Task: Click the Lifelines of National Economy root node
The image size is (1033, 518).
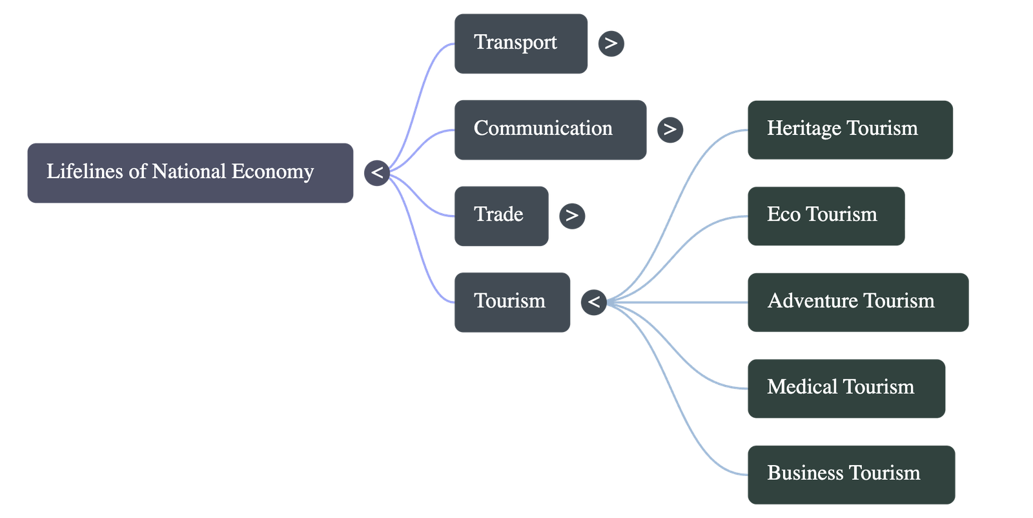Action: pyautogui.click(x=190, y=172)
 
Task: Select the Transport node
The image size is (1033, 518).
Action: pyautogui.click(x=520, y=43)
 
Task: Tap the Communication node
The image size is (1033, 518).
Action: pyautogui.click(x=549, y=129)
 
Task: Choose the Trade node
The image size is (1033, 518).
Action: pyautogui.click(x=501, y=215)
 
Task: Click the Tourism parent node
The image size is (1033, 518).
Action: pyautogui.click(x=512, y=302)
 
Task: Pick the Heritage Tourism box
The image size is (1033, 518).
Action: pyautogui.click(x=849, y=129)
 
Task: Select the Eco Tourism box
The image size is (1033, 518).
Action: pyautogui.click(x=825, y=215)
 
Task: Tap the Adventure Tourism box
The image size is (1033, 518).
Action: pyautogui.click(x=857, y=302)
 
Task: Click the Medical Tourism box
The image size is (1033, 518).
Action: pyautogui.click(x=846, y=388)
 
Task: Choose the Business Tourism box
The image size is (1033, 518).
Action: pyautogui.click(x=850, y=473)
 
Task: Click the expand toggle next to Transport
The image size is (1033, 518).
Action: pyautogui.click(x=611, y=44)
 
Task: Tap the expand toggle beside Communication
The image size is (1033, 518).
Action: pyautogui.click(x=670, y=130)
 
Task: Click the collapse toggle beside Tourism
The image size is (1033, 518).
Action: pyautogui.click(x=593, y=302)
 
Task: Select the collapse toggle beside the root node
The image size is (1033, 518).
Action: pyautogui.click(x=376, y=173)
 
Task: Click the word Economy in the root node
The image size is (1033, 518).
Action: pyautogui.click(x=272, y=172)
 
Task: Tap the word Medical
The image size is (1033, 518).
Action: pyautogui.click(x=801, y=387)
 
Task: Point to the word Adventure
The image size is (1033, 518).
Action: pyautogui.click(x=812, y=301)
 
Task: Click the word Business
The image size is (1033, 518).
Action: pyautogui.click(x=804, y=473)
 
